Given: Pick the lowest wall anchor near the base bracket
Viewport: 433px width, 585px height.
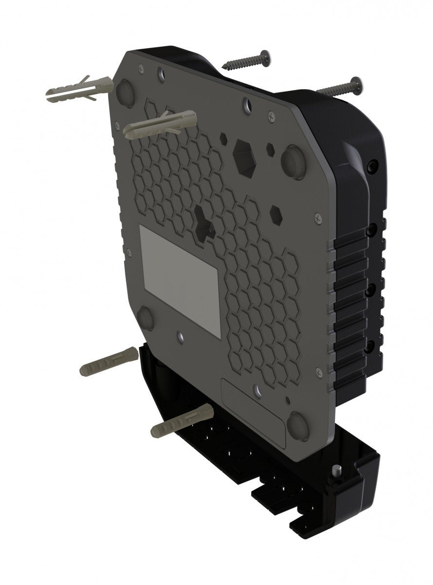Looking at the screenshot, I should (x=180, y=420).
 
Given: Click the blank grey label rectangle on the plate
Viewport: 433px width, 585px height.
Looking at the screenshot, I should (x=180, y=280).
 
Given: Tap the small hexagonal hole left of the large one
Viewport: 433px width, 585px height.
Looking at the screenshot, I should (x=223, y=138).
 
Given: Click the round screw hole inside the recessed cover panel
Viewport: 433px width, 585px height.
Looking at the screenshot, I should (x=256, y=390).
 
